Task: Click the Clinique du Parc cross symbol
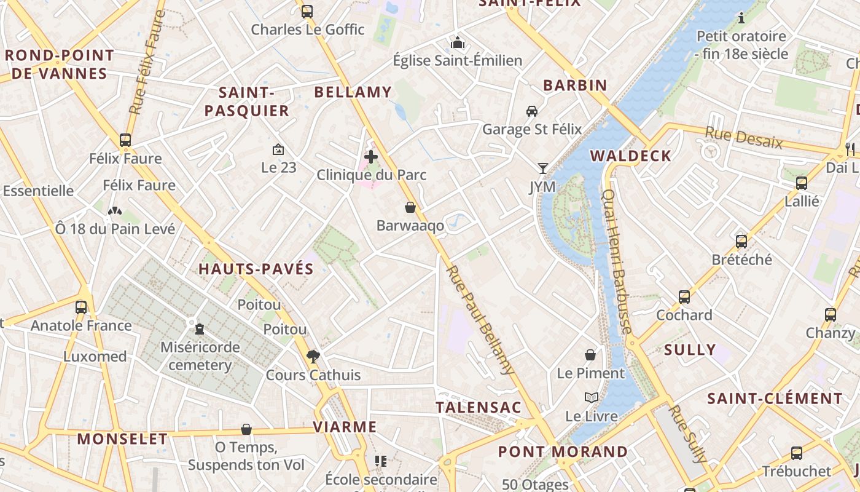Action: (x=371, y=157)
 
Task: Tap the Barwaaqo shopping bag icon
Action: (x=410, y=207)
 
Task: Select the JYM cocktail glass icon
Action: (x=542, y=168)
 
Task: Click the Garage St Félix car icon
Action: (x=532, y=111)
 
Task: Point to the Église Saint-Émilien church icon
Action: (x=458, y=42)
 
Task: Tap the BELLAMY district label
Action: (x=353, y=92)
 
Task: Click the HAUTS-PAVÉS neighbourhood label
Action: (x=256, y=269)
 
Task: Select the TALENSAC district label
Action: (x=479, y=407)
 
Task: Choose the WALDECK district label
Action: (x=631, y=156)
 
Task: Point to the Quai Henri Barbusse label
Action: (x=617, y=261)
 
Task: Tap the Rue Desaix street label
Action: (x=743, y=138)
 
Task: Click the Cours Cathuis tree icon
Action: (x=313, y=356)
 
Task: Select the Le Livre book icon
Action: (x=592, y=398)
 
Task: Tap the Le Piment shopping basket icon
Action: (x=590, y=355)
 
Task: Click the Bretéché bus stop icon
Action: (x=741, y=241)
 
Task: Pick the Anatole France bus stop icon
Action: (x=81, y=307)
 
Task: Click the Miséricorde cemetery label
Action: (x=200, y=356)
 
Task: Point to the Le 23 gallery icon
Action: (x=278, y=149)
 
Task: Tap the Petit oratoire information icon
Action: (x=741, y=18)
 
